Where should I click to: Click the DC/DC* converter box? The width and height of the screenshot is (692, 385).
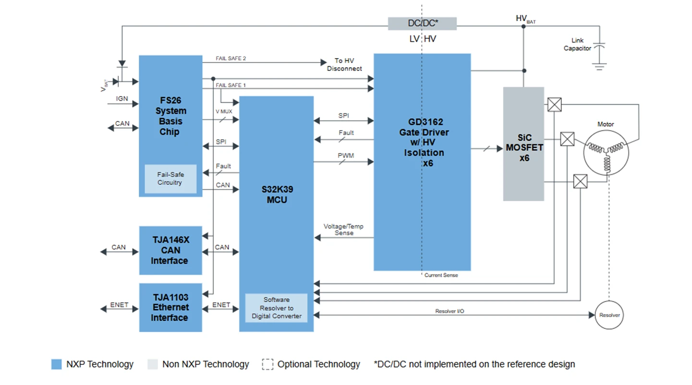422,24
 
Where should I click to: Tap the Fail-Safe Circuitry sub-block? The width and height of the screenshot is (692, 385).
170,179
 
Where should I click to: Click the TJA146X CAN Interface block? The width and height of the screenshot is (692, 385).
170,250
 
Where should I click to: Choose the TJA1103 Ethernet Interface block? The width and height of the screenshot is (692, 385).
170,307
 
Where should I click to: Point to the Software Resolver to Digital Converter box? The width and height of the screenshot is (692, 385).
277,308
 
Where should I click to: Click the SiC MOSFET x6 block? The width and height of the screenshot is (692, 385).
523,144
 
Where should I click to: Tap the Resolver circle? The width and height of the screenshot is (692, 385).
609,315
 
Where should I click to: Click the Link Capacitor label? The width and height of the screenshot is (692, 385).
577,45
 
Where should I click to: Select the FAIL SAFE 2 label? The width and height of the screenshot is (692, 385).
231,59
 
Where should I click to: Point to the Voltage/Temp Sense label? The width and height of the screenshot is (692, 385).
343,229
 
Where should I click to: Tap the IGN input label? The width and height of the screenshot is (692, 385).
122,99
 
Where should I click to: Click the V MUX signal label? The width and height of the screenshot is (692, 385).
224,111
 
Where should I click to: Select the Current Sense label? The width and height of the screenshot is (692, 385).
441,276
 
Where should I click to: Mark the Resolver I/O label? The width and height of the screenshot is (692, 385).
449,312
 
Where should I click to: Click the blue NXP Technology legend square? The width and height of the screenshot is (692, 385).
57,364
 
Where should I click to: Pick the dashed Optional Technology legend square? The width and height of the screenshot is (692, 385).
267,364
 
